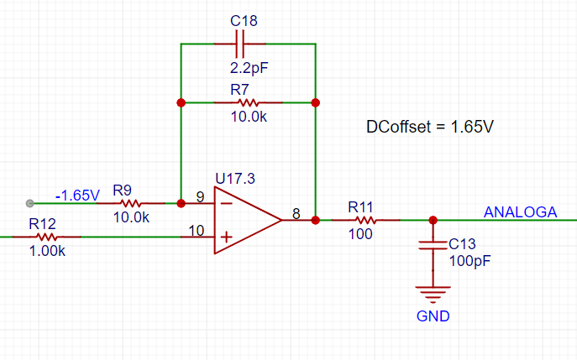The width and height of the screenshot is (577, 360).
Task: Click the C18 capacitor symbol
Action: (x=240, y=44)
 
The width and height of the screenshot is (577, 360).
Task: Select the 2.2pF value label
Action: (x=249, y=68)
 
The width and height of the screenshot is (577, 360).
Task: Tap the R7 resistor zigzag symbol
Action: (x=249, y=102)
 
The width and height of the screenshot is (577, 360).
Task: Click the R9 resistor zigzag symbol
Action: (x=131, y=203)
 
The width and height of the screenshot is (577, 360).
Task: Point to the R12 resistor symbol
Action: (x=47, y=237)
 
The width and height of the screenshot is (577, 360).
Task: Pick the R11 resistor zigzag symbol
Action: (x=365, y=220)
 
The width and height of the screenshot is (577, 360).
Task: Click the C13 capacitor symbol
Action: (x=433, y=246)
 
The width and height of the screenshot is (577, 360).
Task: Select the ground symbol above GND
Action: (x=433, y=295)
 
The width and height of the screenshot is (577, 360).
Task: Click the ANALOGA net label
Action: (x=521, y=212)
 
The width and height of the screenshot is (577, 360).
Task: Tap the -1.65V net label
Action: (x=77, y=196)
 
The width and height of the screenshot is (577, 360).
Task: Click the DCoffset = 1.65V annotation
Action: (x=430, y=127)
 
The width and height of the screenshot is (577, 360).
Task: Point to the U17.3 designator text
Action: (x=235, y=179)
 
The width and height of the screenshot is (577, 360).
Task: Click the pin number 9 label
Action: (x=201, y=197)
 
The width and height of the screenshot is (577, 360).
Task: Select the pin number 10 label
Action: (x=197, y=231)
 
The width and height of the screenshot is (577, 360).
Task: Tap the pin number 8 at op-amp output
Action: (x=296, y=214)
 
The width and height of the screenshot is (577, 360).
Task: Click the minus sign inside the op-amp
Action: (x=226, y=203)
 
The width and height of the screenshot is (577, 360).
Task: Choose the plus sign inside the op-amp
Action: (x=226, y=237)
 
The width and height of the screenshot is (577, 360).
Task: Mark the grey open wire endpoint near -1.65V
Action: (x=29, y=203)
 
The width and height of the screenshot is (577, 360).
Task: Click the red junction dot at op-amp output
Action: (x=315, y=220)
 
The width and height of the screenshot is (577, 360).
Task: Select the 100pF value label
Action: (x=470, y=261)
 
